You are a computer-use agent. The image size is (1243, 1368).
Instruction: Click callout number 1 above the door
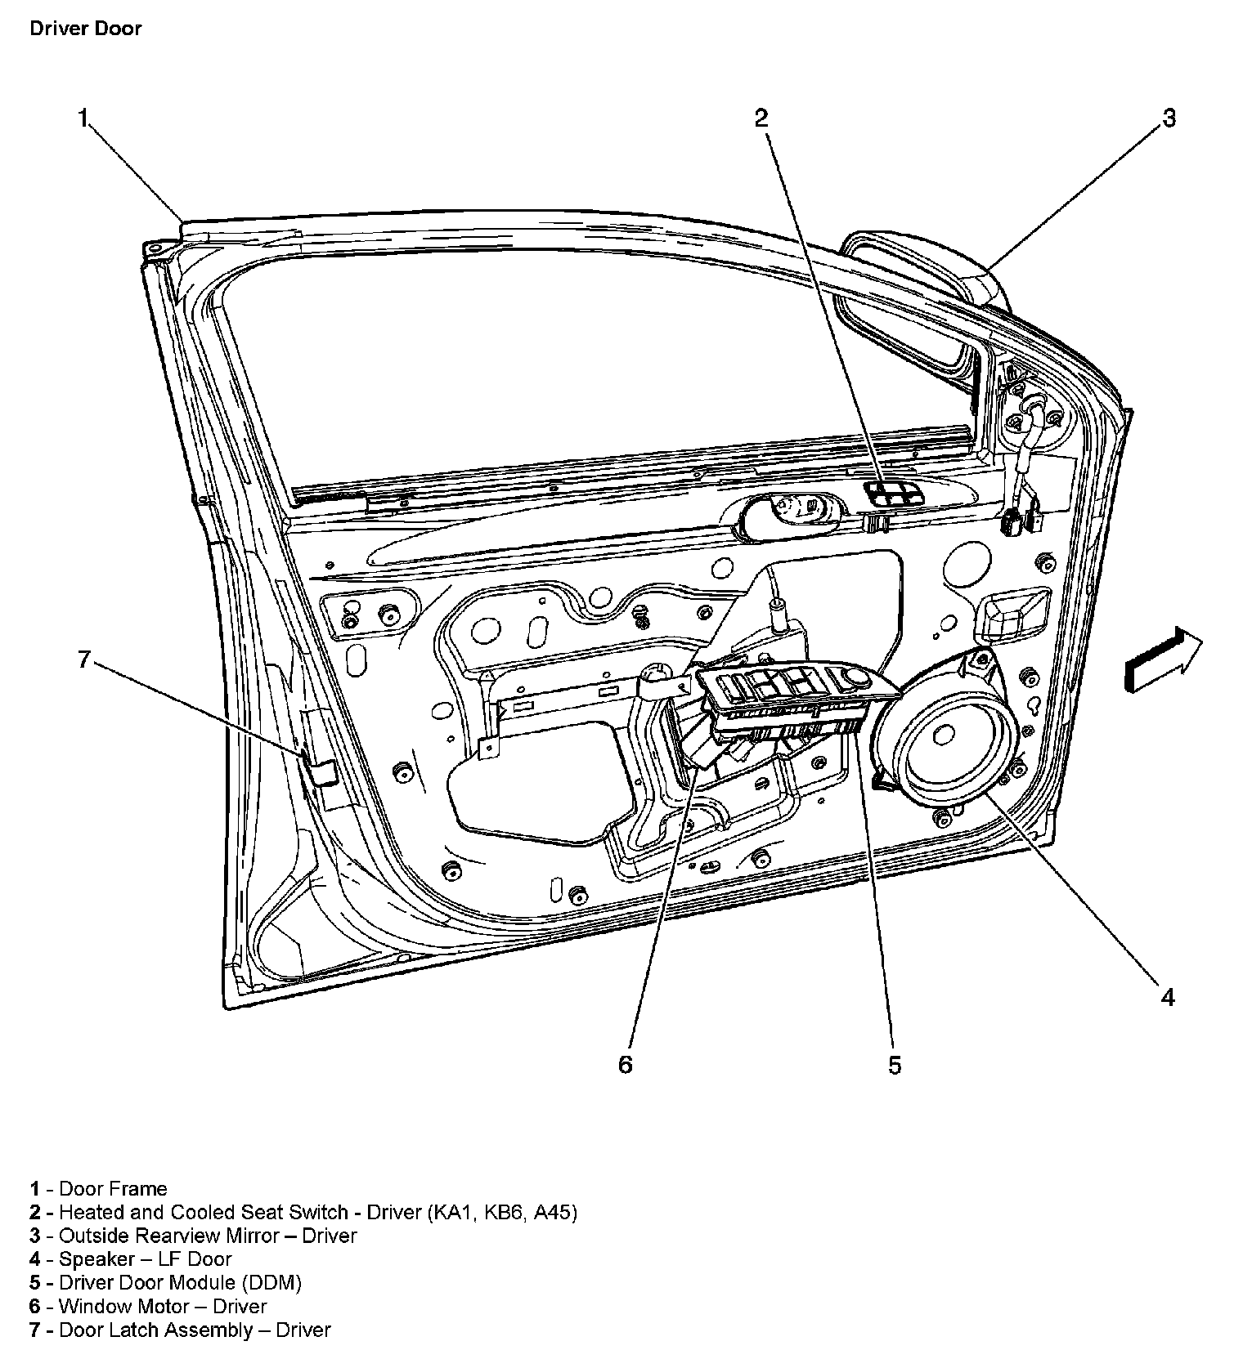(83, 118)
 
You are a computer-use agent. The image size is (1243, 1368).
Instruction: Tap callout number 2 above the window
(761, 118)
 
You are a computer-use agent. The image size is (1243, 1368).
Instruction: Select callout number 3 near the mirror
(1169, 118)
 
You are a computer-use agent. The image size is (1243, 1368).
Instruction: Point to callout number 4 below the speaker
(1168, 997)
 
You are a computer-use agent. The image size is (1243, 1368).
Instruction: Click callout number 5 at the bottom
(895, 1065)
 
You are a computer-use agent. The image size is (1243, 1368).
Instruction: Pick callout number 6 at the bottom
(625, 1065)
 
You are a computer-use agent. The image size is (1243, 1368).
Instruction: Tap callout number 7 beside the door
(83, 659)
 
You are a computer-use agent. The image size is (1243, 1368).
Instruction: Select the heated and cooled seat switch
(893, 494)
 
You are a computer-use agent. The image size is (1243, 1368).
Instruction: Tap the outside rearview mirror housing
(924, 270)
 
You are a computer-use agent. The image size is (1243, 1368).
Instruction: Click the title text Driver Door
(85, 29)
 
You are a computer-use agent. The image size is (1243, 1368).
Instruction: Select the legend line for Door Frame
(99, 1189)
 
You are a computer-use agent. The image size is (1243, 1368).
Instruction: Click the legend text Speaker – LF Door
(131, 1259)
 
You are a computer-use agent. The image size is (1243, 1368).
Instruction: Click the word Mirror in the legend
(250, 1236)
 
